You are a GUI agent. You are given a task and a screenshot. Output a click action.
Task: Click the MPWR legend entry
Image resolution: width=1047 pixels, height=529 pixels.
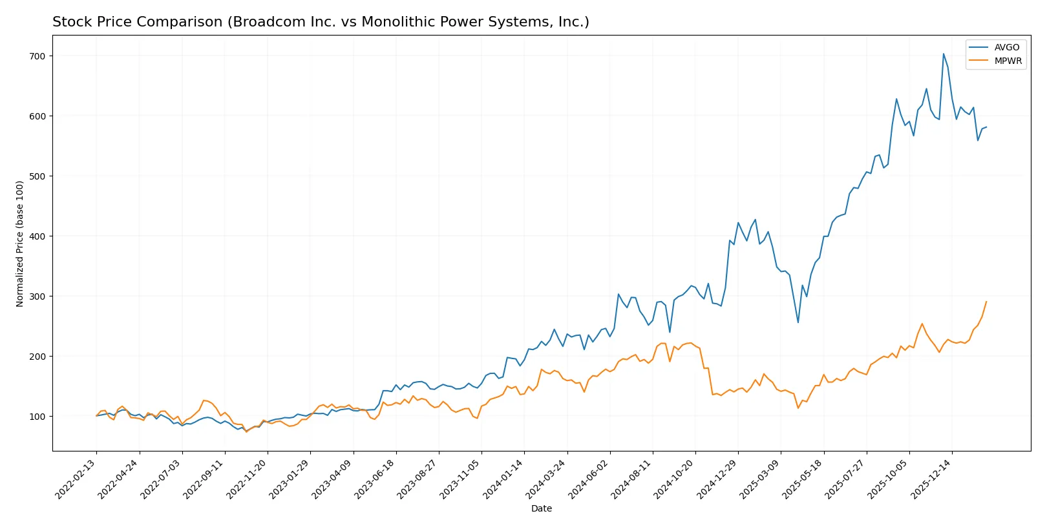1008,61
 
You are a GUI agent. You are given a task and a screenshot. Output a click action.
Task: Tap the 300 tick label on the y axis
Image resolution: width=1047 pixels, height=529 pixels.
37,296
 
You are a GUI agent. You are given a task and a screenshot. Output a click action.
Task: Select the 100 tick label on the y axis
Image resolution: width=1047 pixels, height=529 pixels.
37,417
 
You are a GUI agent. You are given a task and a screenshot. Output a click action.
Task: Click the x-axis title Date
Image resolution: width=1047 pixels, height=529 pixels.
541,508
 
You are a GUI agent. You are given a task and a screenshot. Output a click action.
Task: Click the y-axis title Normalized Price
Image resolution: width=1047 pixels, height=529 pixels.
20,244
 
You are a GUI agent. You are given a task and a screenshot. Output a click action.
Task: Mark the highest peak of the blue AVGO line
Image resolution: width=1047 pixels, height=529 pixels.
943,54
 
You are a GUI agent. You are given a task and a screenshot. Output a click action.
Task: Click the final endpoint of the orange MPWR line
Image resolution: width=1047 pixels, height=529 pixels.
986,302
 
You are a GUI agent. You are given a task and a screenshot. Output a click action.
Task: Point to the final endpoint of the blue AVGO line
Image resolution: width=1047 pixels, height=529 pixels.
986,127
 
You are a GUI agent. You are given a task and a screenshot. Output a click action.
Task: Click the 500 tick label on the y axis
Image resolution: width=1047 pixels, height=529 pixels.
37,176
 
